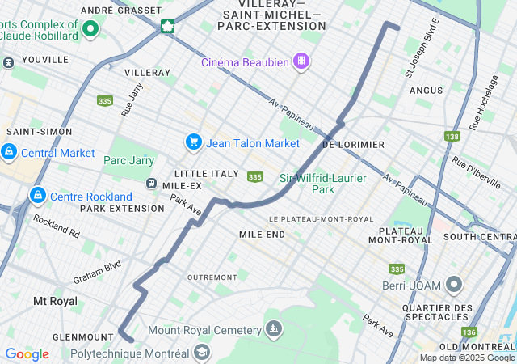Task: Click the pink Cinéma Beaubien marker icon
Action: pyautogui.click(x=301, y=61)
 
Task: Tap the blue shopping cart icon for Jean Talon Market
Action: pyautogui.click(x=193, y=142)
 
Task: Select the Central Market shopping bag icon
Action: pyautogui.click(x=9, y=152)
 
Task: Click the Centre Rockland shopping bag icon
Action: pyautogui.click(x=37, y=196)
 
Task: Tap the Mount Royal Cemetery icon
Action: pyautogui.click(x=274, y=329)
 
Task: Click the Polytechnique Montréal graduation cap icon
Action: pyautogui.click(x=201, y=353)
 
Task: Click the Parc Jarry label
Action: pyautogui.click(x=128, y=160)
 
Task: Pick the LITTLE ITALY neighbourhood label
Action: pyautogui.click(x=207, y=174)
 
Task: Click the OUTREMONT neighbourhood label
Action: pyautogui.click(x=212, y=277)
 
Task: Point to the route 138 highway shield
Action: pyautogui.click(x=452, y=137)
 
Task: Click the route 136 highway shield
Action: pyautogui.click(x=469, y=332)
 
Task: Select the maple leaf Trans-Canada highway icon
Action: pyautogui.click(x=167, y=26)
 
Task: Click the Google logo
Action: pyautogui.click(x=27, y=354)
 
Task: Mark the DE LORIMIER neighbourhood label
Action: pyautogui.click(x=353, y=144)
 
